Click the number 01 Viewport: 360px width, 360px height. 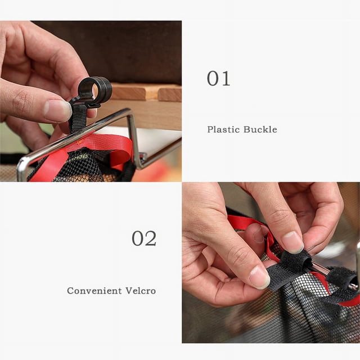pyautogui.click(x=218, y=79)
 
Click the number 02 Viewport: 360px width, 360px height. pyautogui.click(x=144, y=238)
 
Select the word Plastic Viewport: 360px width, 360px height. pyautogui.click(x=223, y=129)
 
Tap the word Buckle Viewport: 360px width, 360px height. pyautogui.click(x=260, y=129)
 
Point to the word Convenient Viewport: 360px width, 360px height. pyautogui.click(x=94, y=291)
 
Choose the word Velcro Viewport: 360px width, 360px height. pyautogui.click(x=141, y=291)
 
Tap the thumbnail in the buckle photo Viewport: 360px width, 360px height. pyautogui.click(x=58, y=111)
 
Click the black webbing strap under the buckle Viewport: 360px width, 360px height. pyautogui.click(x=78, y=119)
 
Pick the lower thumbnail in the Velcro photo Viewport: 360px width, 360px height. pyautogui.click(x=259, y=277)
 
